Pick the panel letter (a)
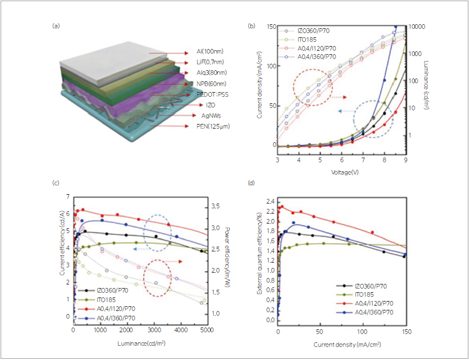(56, 25)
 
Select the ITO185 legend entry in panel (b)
(307, 40)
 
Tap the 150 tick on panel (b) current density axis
(270, 27)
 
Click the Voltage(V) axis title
(341, 172)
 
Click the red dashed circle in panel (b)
(313, 87)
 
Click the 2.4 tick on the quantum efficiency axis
(271, 201)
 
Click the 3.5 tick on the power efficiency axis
(217, 206)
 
